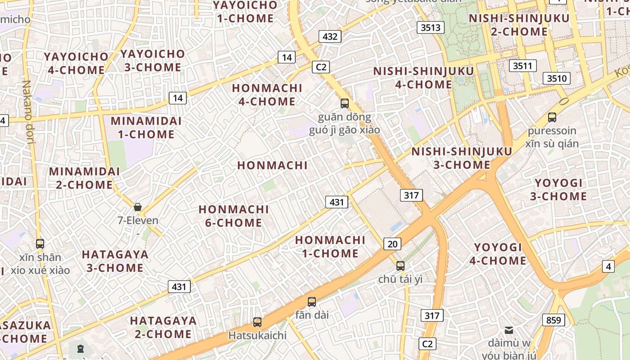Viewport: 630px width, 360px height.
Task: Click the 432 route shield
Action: coord(330,36)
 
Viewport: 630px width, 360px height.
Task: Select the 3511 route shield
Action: coord(522,66)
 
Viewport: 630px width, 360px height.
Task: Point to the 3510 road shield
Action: coord(557,78)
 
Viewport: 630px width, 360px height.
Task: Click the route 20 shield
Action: coord(392,244)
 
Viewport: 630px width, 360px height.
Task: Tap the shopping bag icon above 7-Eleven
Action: coord(138,207)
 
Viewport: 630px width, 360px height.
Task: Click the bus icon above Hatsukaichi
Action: coord(257,322)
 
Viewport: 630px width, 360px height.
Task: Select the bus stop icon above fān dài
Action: coord(312,302)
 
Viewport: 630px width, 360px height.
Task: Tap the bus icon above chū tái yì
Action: coord(400,266)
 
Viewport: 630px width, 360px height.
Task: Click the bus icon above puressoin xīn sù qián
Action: coord(552,117)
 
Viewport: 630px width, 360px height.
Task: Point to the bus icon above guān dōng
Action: coord(345,103)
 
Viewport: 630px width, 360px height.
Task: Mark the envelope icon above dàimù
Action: coord(509,330)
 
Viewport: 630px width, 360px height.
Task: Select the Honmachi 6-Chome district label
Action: coord(234,216)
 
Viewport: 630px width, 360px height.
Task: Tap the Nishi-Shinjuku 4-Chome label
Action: coord(423,78)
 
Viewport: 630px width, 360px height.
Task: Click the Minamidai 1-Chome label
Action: coord(146,127)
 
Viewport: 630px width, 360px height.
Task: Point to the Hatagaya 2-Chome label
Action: coord(163,327)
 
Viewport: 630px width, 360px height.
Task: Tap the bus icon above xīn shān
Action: coord(40,244)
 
